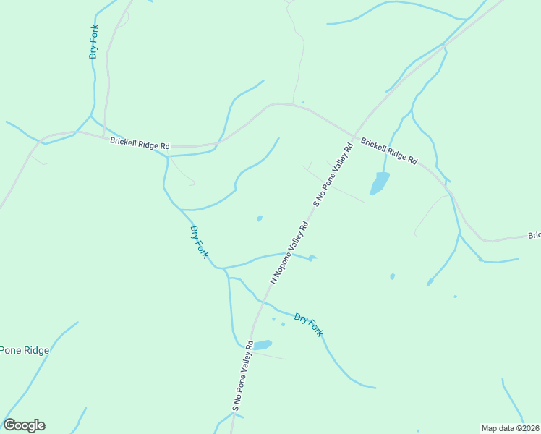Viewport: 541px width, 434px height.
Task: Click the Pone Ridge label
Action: pos(25,351)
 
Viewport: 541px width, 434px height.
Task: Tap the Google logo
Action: pos(24,425)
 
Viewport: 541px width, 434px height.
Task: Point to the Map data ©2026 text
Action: pos(509,428)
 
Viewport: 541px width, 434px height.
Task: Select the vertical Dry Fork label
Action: pos(93,42)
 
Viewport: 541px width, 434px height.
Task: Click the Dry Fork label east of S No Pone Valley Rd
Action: pos(308,325)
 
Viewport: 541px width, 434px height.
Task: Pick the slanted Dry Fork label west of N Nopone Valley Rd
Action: pos(199,242)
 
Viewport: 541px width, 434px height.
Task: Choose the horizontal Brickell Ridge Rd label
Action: pos(140,143)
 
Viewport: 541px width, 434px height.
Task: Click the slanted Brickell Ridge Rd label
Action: pos(389,150)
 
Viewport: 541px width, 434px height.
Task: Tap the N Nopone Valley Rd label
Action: pos(289,252)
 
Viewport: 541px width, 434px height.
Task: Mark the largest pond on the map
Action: pos(379,183)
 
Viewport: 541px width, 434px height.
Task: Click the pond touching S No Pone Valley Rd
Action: pos(262,345)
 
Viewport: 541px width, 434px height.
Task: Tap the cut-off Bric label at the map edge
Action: pos(534,235)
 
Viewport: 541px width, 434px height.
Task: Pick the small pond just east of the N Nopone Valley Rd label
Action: pos(311,258)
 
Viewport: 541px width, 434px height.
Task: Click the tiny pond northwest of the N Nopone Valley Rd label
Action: pos(260,218)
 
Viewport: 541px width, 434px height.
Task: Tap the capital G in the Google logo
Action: pos(9,425)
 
